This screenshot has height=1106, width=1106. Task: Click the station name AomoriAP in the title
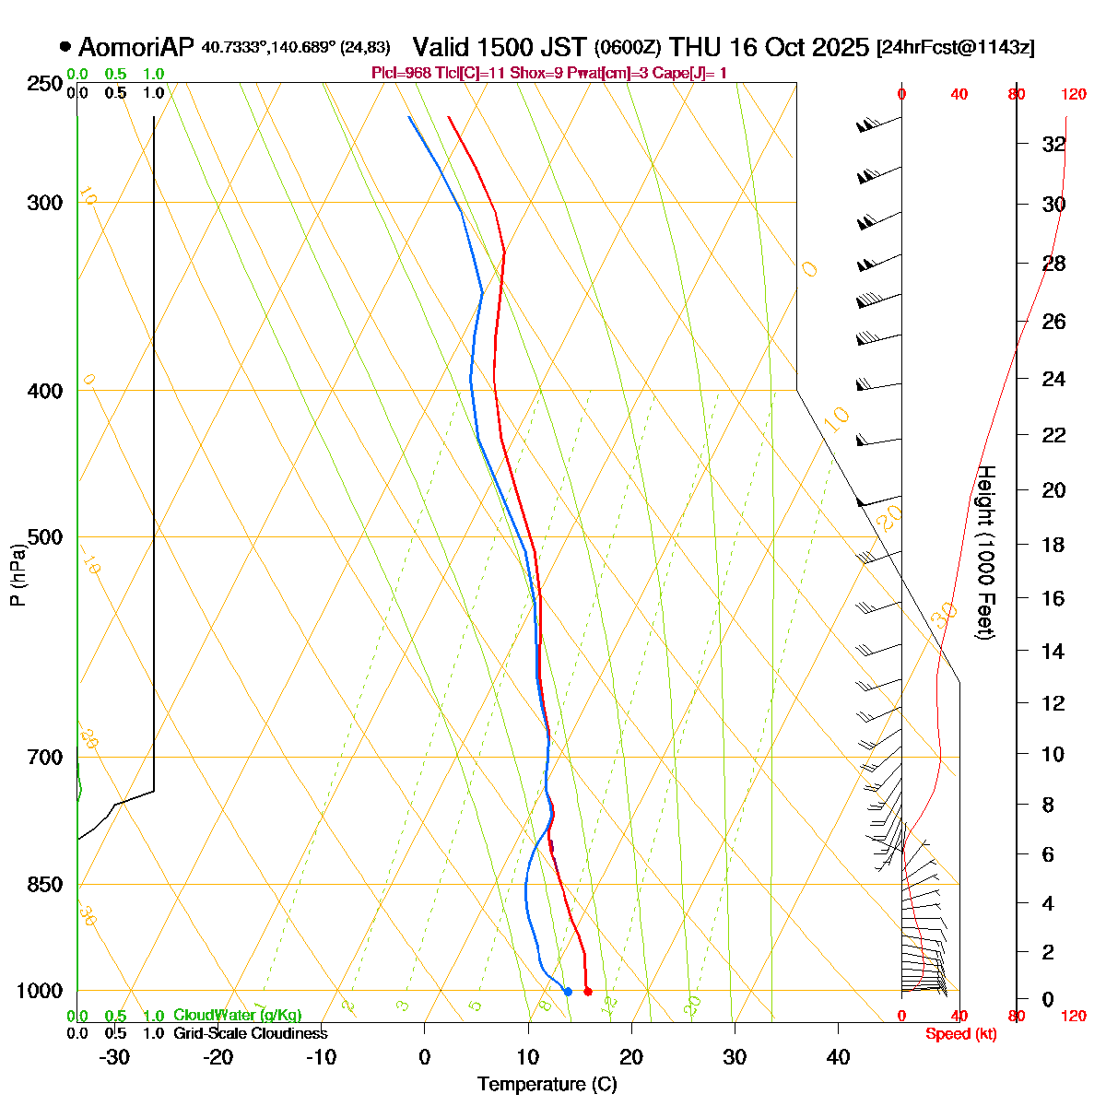(136, 47)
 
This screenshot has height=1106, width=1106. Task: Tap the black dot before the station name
(65, 46)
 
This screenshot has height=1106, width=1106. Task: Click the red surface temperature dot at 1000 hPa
(588, 992)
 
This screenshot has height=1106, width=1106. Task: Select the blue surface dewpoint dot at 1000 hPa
(568, 992)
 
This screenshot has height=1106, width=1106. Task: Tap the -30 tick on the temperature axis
(113, 1057)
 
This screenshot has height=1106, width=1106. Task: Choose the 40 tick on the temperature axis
(838, 1057)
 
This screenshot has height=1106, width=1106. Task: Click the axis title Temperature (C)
(547, 1084)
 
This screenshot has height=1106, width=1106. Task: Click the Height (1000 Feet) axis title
(985, 553)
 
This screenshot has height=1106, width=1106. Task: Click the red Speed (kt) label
(961, 1034)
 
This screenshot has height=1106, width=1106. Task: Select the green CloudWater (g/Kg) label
(238, 1015)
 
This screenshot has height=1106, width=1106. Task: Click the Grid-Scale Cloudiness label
(250, 1033)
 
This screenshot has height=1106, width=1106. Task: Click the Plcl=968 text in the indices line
(399, 73)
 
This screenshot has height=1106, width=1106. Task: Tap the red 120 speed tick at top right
(1074, 93)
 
